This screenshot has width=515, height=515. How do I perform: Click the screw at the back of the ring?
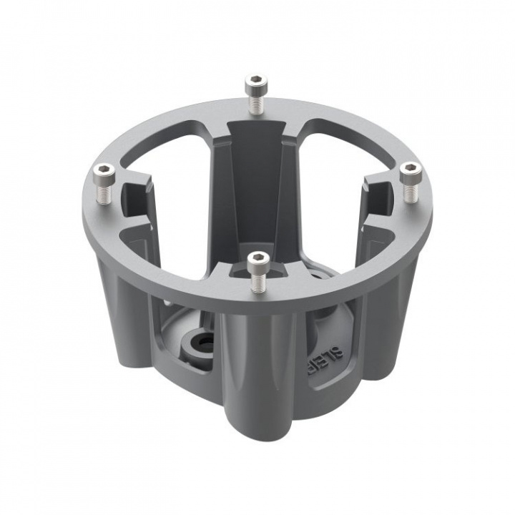click(254, 93)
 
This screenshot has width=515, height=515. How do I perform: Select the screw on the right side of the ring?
click(411, 182)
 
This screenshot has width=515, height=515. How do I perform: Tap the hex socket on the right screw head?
click(411, 169)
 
